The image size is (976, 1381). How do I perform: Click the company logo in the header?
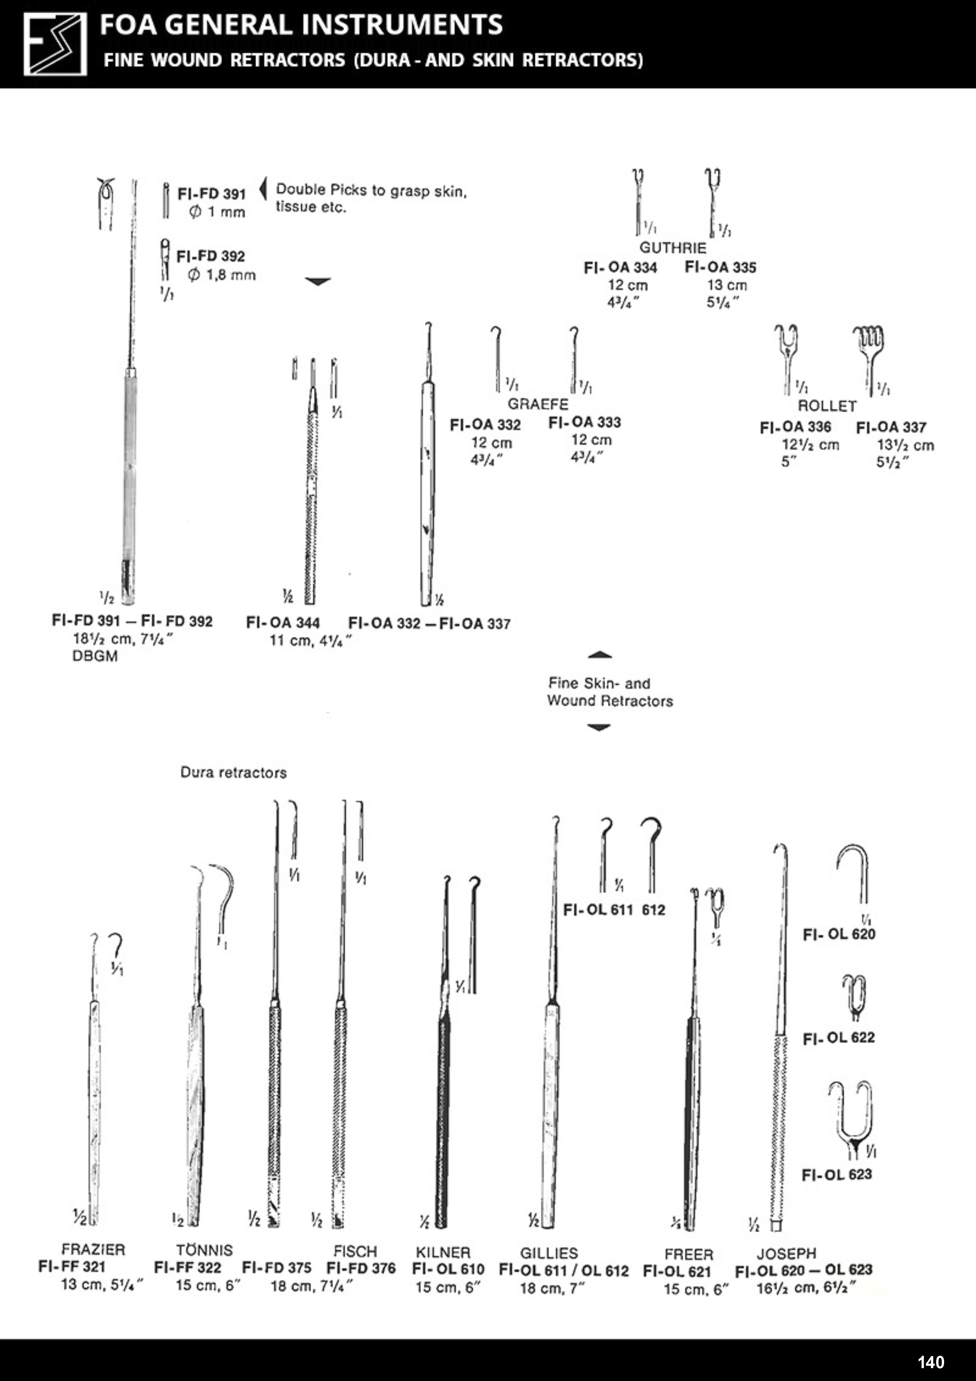(x=55, y=44)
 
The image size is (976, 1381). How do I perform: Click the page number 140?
(x=931, y=1362)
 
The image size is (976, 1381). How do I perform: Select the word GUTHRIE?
(x=672, y=248)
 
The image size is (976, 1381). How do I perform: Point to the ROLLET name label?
(x=827, y=406)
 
